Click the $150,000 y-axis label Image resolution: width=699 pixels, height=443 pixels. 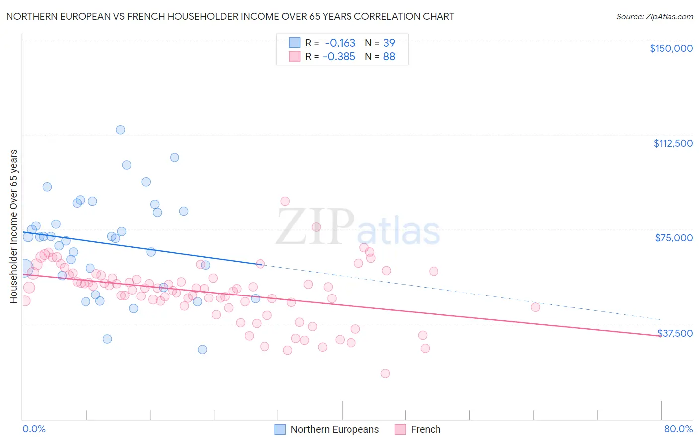click(x=671, y=48)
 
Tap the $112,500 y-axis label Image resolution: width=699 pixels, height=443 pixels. click(x=673, y=143)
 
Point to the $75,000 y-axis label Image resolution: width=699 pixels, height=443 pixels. click(x=674, y=238)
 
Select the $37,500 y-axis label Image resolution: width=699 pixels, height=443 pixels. click(x=675, y=333)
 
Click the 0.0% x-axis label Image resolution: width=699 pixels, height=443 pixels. click(x=34, y=429)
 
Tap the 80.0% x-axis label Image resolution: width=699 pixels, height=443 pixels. click(x=678, y=429)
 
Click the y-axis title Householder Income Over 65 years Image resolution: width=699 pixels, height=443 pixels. click(x=14, y=226)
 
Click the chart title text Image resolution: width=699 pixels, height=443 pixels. click(x=230, y=16)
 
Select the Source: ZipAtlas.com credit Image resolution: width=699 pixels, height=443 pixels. click(x=654, y=16)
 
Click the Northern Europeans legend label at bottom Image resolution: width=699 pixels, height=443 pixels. click(x=335, y=430)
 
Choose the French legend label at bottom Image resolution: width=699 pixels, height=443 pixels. click(x=426, y=430)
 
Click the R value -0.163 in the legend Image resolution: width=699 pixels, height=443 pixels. click(x=340, y=43)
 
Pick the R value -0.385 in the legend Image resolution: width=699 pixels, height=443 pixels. click(x=339, y=57)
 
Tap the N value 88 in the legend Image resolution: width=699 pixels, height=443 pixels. click(x=389, y=57)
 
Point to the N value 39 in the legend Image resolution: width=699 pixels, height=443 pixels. click(x=389, y=43)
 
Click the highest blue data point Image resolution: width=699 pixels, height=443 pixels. click(x=120, y=130)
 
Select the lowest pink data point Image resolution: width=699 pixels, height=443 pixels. click(x=385, y=374)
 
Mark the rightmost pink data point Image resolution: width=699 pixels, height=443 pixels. click(x=535, y=307)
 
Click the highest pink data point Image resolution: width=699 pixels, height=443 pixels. click(x=285, y=201)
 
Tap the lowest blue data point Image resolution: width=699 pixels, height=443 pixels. click(x=202, y=350)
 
